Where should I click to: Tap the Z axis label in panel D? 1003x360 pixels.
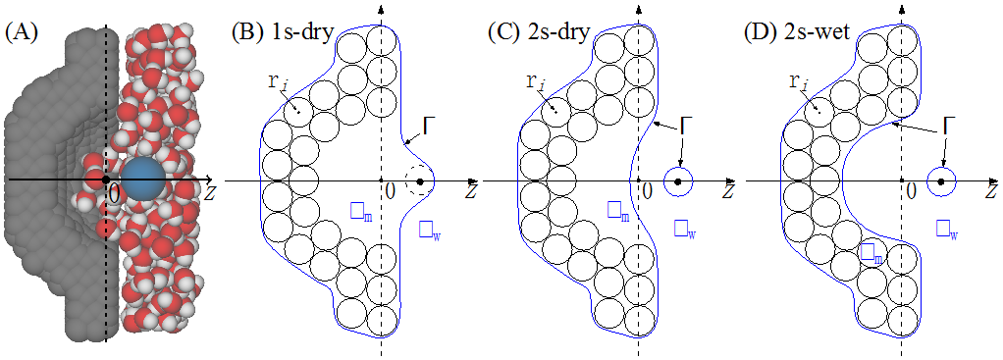tap(989, 193)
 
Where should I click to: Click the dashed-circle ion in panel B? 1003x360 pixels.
tap(421, 181)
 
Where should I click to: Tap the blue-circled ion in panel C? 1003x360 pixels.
tap(678, 181)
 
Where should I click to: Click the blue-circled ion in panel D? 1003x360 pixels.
tap(940, 181)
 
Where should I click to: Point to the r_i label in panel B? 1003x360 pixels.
tap(278, 82)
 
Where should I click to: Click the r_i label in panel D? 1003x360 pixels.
tap(797, 82)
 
